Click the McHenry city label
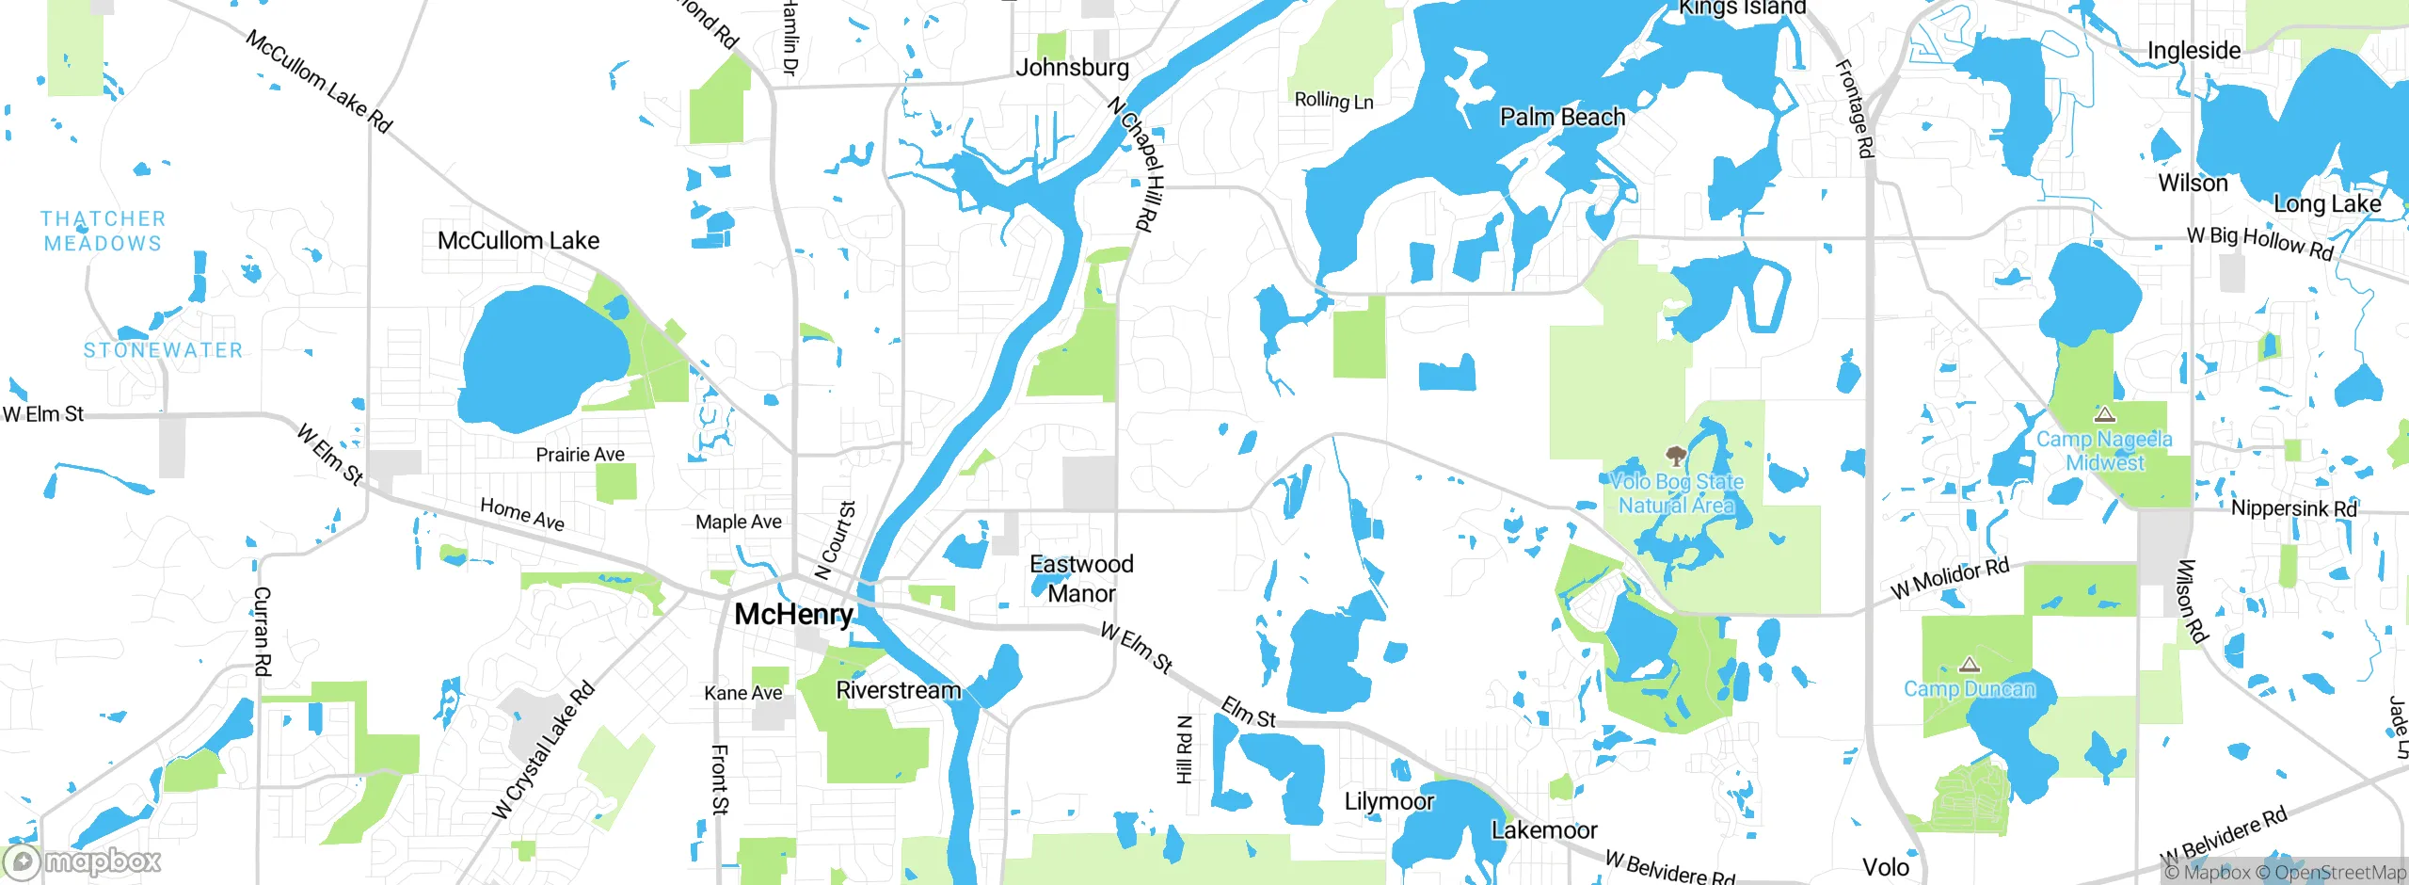pyautogui.click(x=793, y=615)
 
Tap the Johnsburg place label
pyautogui.click(x=1072, y=68)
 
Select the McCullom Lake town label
pyautogui.click(x=518, y=241)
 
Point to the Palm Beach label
pyautogui.click(x=1562, y=118)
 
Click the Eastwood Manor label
pyautogui.click(x=1081, y=579)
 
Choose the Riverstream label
pyautogui.click(x=898, y=690)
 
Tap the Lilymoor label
pyautogui.click(x=1389, y=801)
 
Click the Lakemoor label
pyautogui.click(x=1544, y=830)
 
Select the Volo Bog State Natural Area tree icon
pyautogui.click(x=1675, y=458)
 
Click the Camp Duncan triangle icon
pyautogui.click(x=1969, y=666)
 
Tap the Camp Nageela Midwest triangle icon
pyautogui.click(x=2104, y=415)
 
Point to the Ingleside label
pyautogui.click(x=2194, y=51)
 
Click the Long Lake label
pyautogui.click(x=2326, y=204)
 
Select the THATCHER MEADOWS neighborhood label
pyautogui.click(x=103, y=232)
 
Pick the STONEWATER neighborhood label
pyautogui.click(x=163, y=350)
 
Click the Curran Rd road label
pyautogui.click(x=263, y=631)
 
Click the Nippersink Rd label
pyautogui.click(x=2293, y=508)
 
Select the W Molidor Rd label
pyautogui.click(x=1950, y=578)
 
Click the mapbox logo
pyautogui.click(x=83, y=861)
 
